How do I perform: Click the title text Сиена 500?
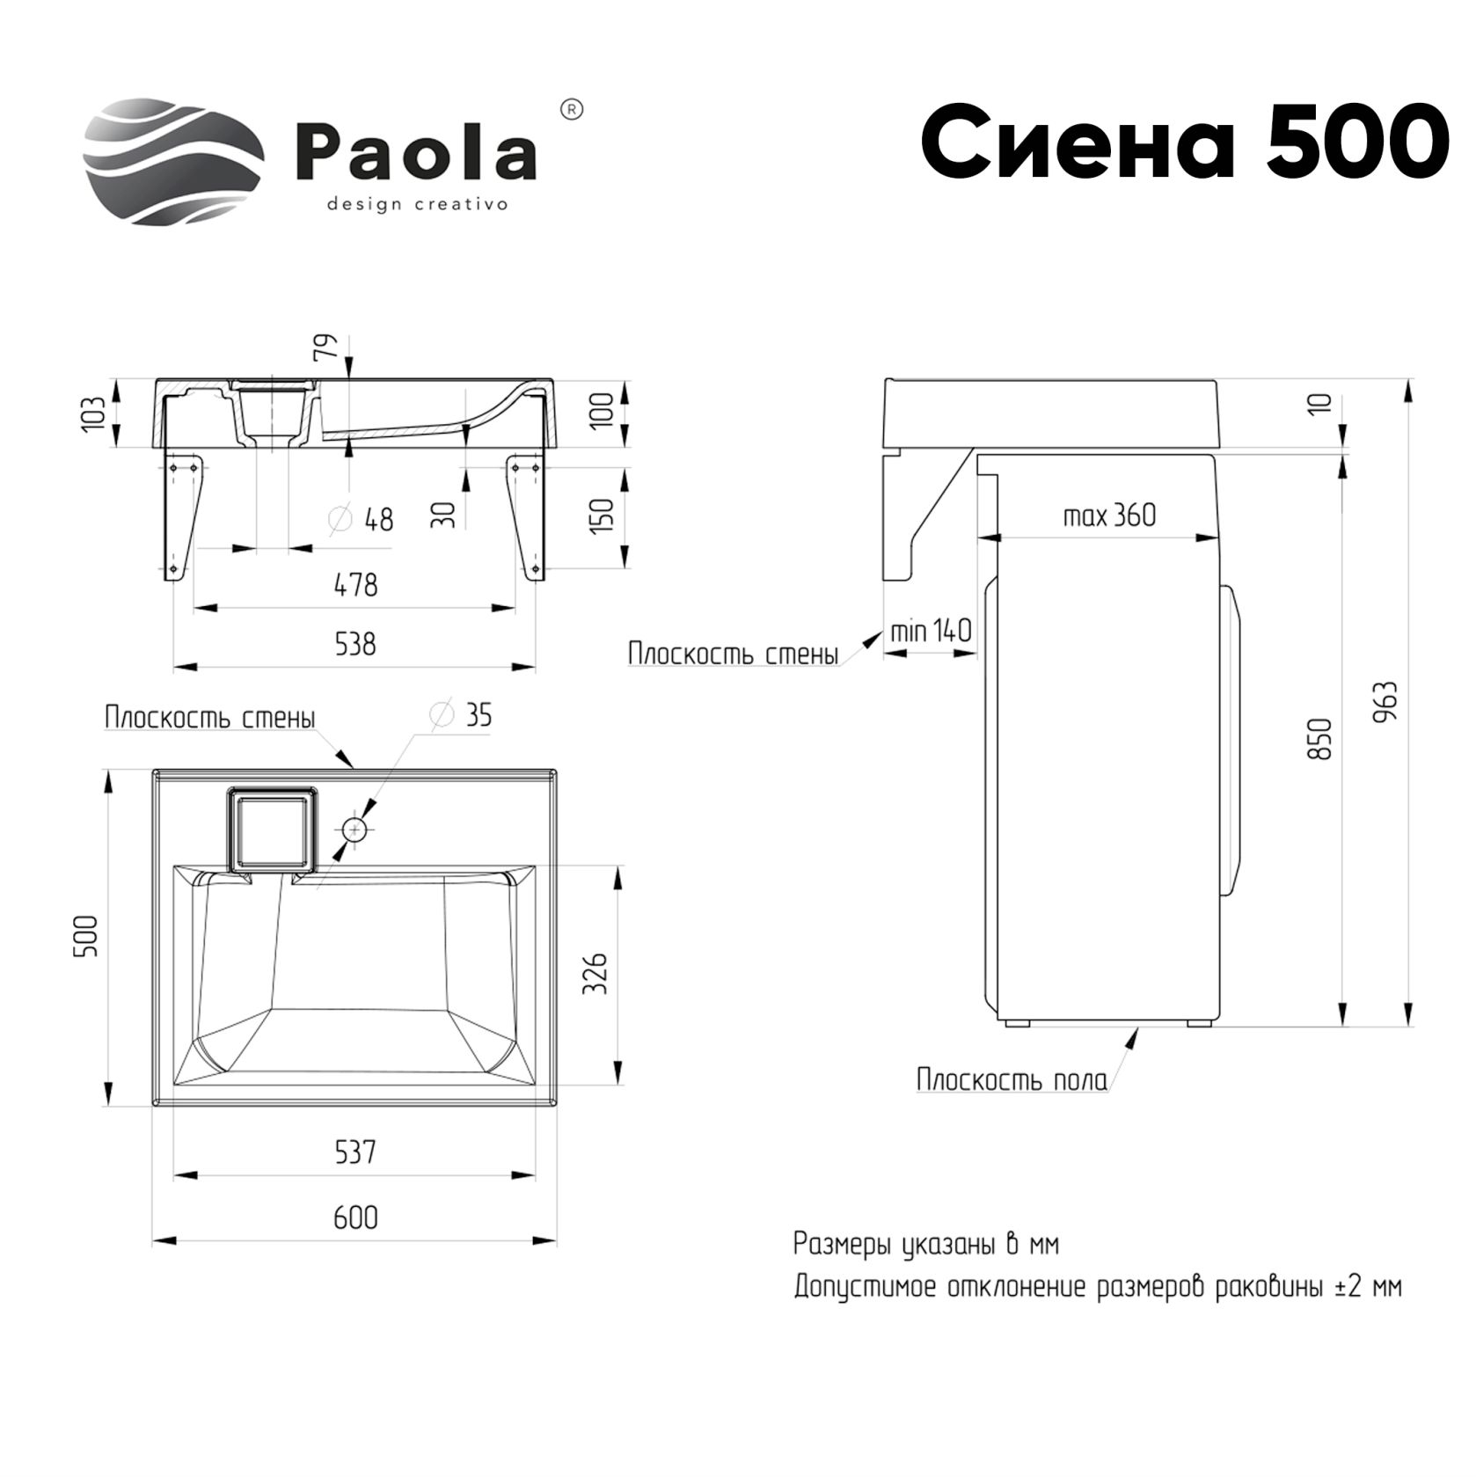tap(1183, 141)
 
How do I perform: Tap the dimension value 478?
tap(355, 584)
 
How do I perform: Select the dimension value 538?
tap(355, 645)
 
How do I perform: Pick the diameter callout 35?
tap(462, 715)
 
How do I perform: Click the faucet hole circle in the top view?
tap(354, 830)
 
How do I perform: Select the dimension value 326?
tap(596, 972)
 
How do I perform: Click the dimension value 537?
tap(355, 1152)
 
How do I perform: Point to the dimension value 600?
tap(355, 1217)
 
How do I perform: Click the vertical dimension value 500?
tap(87, 935)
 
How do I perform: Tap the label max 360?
tap(1109, 515)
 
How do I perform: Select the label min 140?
tap(931, 631)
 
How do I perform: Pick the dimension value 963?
tap(1385, 701)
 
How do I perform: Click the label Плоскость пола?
tap(1012, 1079)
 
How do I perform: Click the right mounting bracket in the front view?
tap(526, 514)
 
